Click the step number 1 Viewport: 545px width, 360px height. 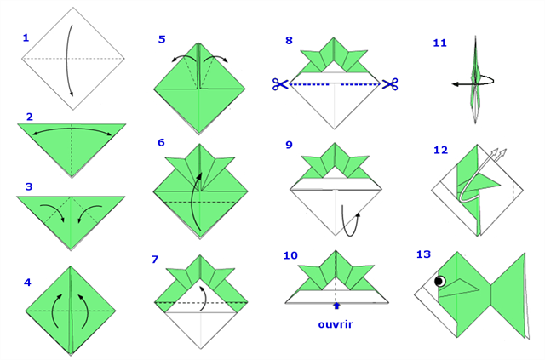26,37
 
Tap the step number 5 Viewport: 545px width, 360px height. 162,39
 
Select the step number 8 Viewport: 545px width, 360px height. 289,40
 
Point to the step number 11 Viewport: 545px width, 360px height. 439,43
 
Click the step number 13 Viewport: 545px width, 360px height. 423,254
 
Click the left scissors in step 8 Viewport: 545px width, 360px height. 280,84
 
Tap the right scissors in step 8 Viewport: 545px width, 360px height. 390,84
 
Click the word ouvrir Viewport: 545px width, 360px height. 336,324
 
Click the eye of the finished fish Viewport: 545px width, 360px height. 440,281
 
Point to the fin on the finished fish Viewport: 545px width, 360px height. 459,287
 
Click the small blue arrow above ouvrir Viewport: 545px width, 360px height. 336,306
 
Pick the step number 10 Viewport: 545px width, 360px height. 290,255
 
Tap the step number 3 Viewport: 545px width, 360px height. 29,186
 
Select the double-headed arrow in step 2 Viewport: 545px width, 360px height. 72,129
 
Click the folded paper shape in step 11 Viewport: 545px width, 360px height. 475,79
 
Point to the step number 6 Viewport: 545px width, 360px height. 161,142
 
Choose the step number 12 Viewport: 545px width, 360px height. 440,150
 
